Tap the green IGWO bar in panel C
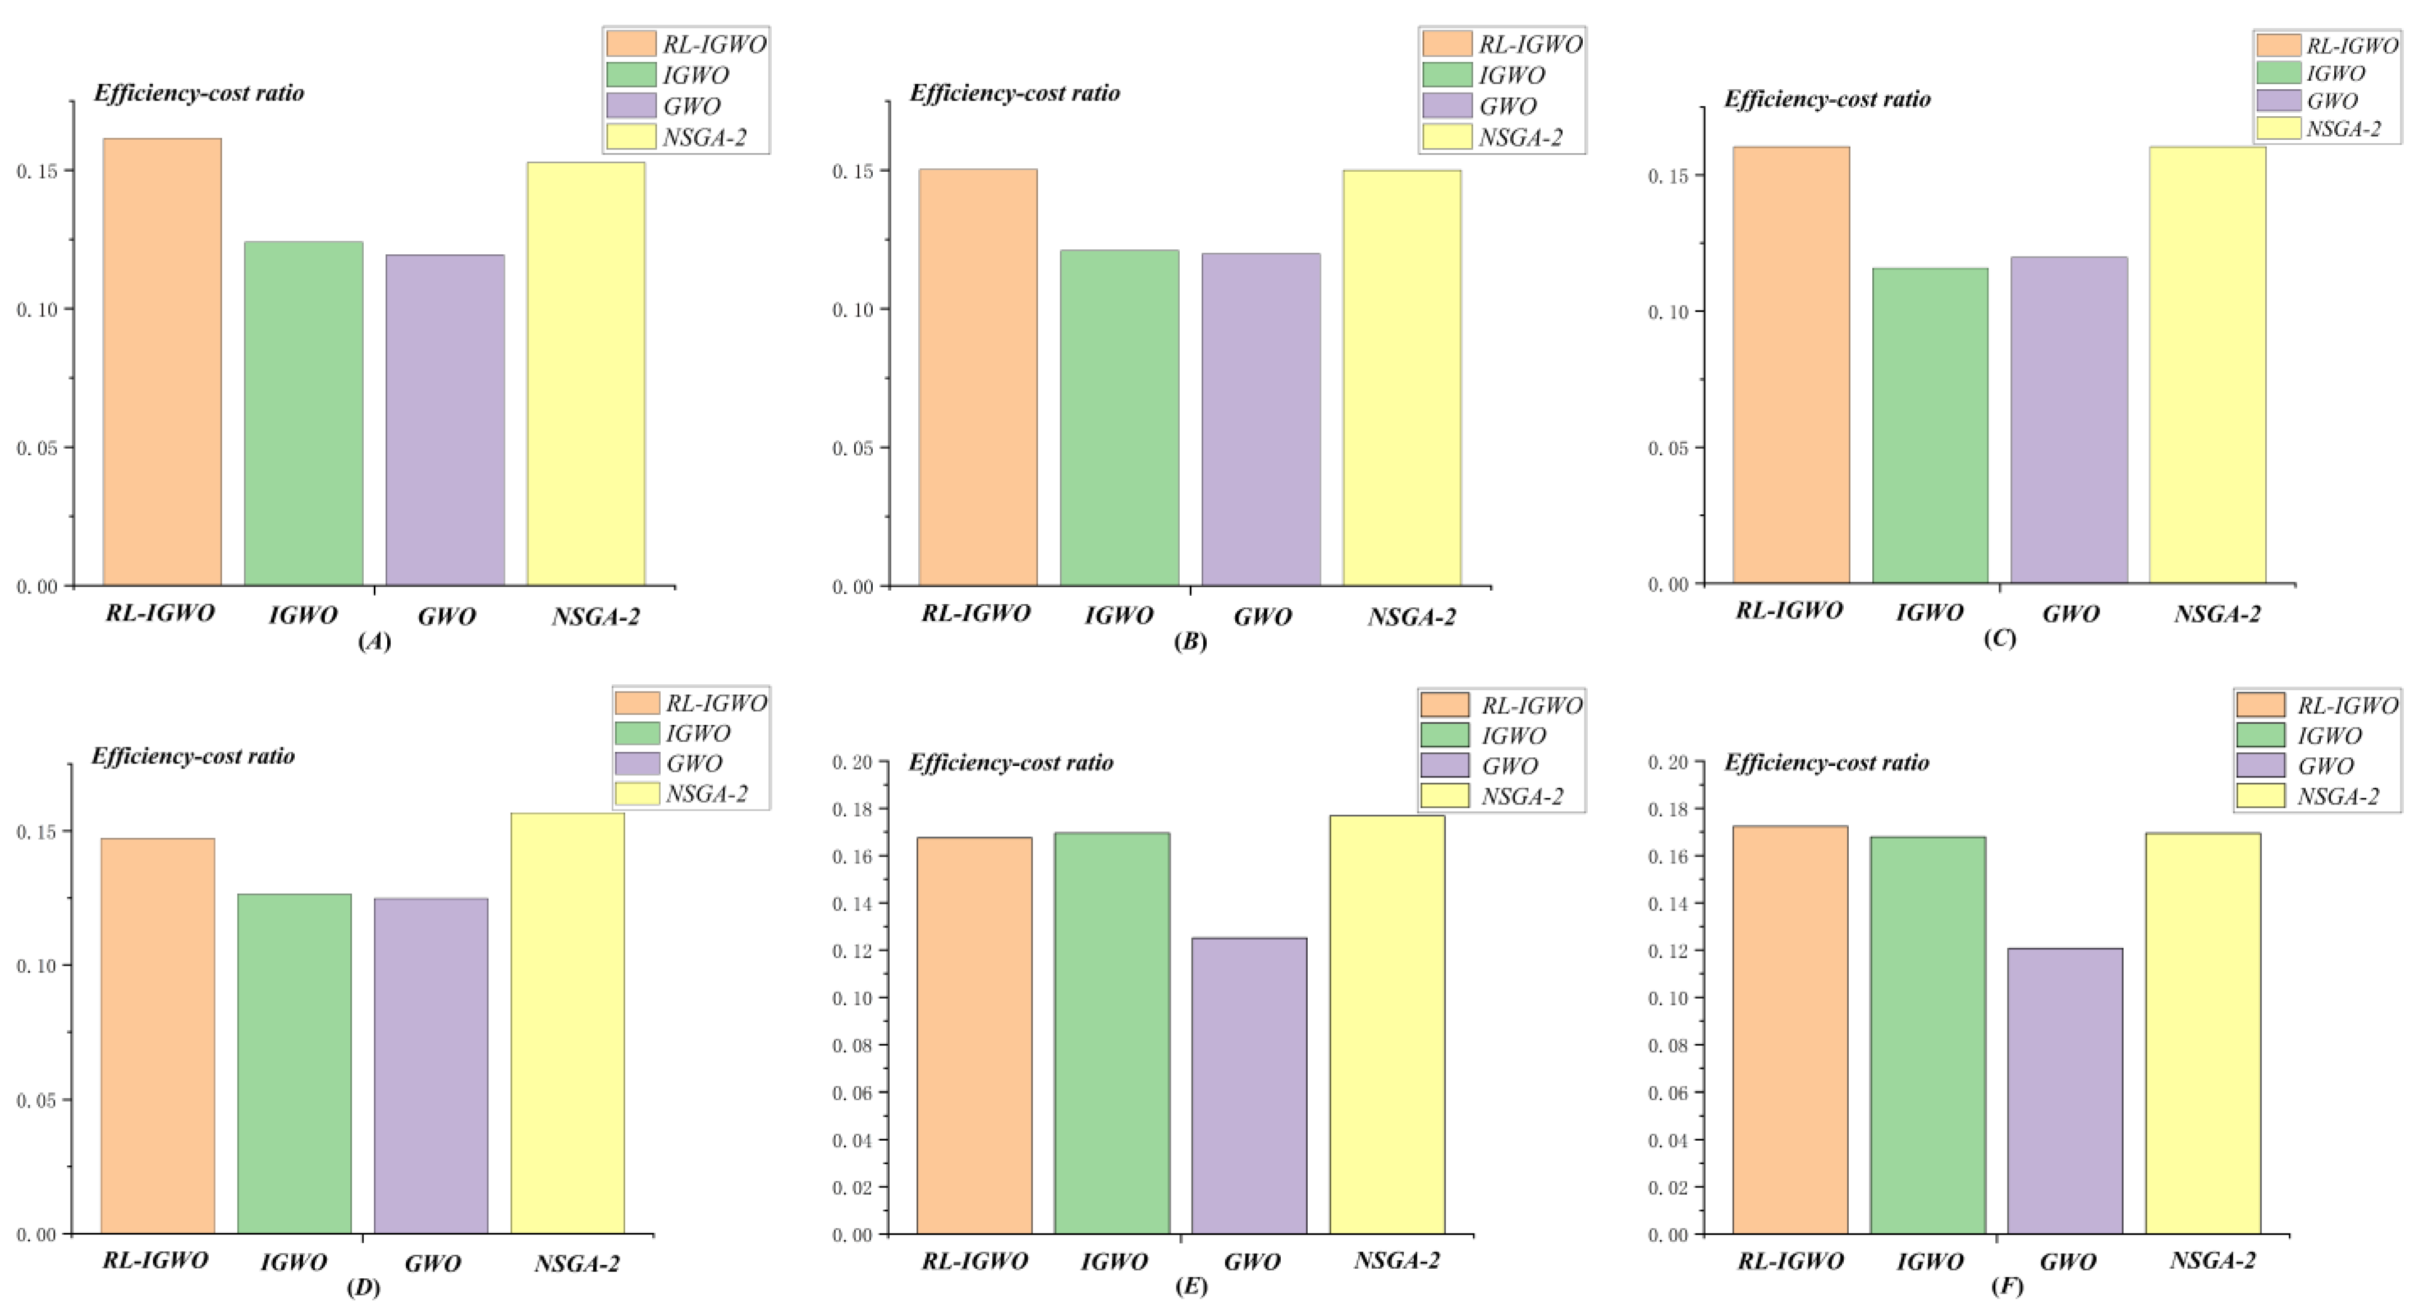(x=1930, y=426)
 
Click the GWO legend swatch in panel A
(x=631, y=105)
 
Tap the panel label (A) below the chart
(x=375, y=642)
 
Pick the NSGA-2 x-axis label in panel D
(x=576, y=1263)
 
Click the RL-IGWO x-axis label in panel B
(x=975, y=613)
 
